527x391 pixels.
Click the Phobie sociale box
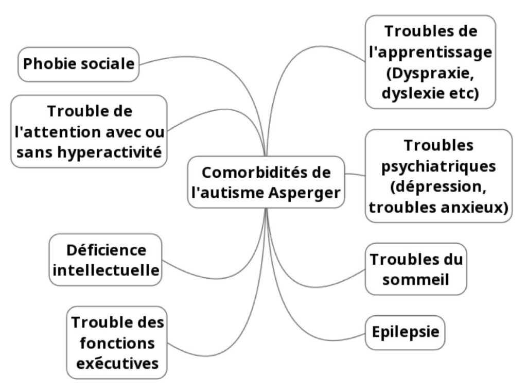tap(79, 64)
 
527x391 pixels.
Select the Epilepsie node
tap(406, 332)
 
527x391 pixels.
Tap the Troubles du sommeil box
tap(416, 269)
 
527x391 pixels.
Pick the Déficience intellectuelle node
tap(106, 260)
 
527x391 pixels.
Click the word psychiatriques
tap(439, 166)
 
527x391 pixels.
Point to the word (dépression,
tap(438, 187)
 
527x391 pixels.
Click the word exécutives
tap(117, 363)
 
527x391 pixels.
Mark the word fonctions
tap(117, 343)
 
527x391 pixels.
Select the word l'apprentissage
tap(431, 52)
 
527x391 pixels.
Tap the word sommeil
tap(416, 280)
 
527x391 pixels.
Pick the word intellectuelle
tap(106, 269)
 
